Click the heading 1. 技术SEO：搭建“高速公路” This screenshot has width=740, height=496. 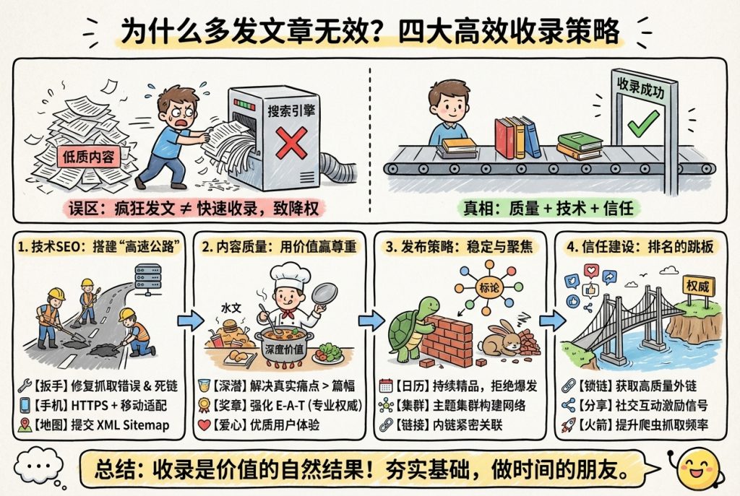pos(95,246)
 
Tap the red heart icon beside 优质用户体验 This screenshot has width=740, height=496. pos(205,425)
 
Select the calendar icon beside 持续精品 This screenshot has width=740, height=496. pos(386,384)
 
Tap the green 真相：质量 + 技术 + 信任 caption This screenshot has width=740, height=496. pos(548,208)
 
